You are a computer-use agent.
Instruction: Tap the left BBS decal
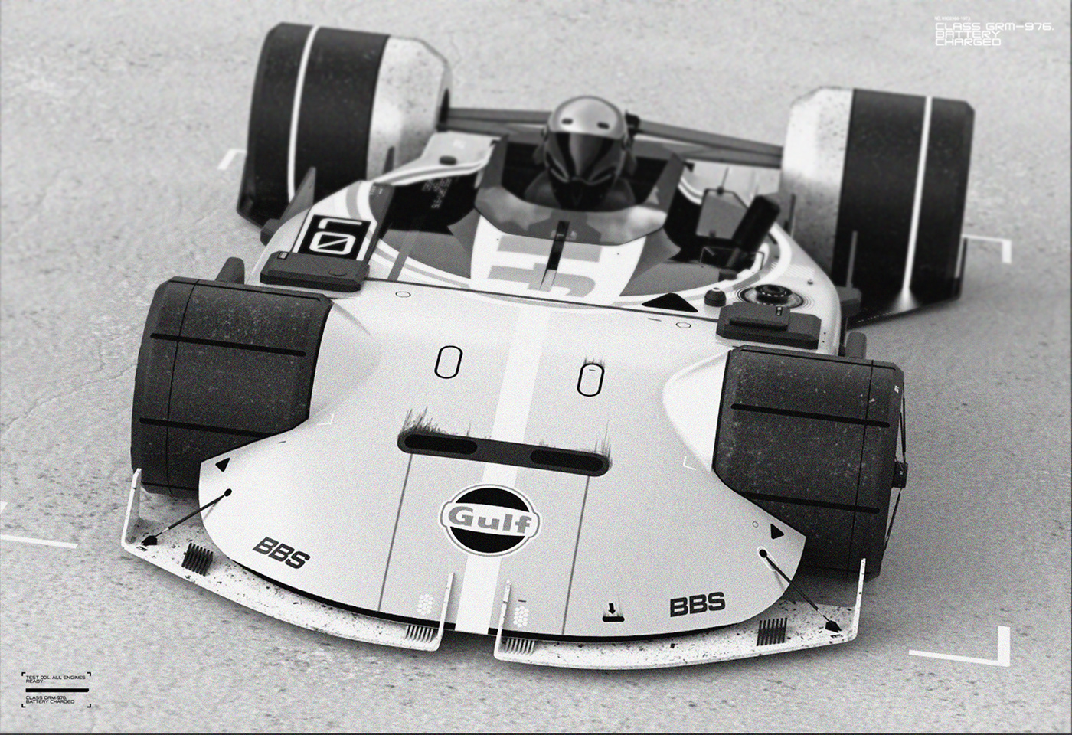coord(280,554)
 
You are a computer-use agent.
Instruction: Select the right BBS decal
coord(697,605)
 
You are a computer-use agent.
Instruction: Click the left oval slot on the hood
coord(448,362)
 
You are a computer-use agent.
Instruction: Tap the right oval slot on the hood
coord(588,379)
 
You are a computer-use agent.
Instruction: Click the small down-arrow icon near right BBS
coord(610,611)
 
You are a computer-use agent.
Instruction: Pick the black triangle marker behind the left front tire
coord(223,464)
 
